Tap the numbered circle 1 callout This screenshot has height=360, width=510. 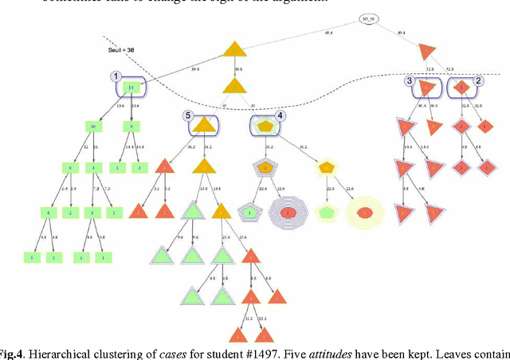tap(116, 76)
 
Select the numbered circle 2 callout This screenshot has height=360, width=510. tap(478, 80)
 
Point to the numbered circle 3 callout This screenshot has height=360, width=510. tap(409, 80)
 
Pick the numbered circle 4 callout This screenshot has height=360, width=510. tap(280, 115)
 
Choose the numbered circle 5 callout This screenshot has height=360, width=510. tap(187, 115)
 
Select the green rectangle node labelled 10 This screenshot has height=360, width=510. tap(93, 126)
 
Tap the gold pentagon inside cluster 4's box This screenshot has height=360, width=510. tap(264, 125)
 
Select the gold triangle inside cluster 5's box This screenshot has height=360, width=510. tap(204, 125)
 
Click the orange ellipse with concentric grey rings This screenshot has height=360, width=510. tap(289, 213)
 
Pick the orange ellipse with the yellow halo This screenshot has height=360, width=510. tap(364, 213)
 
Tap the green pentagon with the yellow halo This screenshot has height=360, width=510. tap(326, 213)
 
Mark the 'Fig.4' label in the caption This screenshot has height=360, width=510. tap(14, 353)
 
